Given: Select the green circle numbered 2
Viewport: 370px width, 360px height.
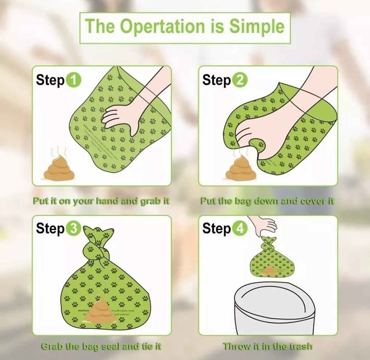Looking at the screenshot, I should coord(239,80).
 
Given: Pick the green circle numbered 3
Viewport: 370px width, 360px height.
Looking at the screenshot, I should coord(73,229).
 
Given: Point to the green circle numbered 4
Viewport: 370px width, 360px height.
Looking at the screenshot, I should coord(239,229).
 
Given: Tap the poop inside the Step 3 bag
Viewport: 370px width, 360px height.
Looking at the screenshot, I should coord(100,311).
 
